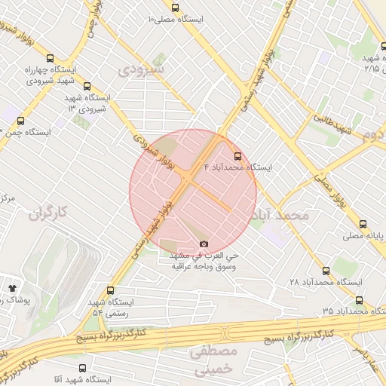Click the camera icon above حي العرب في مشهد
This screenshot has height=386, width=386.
click(204, 244)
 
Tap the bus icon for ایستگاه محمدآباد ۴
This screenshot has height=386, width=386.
click(238, 156)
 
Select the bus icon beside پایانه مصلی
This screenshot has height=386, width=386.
click(363, 224)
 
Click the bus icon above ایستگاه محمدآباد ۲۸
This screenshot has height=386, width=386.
click(326, 270)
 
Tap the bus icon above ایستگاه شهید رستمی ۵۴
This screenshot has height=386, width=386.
click(112, 290)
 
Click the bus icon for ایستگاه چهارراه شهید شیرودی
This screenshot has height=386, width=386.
click(51, 57)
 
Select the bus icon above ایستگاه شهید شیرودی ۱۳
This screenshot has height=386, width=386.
click(87, 86)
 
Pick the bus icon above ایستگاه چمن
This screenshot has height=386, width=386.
click(20, 120)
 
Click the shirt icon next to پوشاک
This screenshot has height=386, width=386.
click(12, 287)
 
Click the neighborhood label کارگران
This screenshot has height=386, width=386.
click(48, 213)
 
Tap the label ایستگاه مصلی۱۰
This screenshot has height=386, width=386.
click(179, 17)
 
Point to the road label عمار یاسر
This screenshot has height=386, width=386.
click(369, 358)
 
